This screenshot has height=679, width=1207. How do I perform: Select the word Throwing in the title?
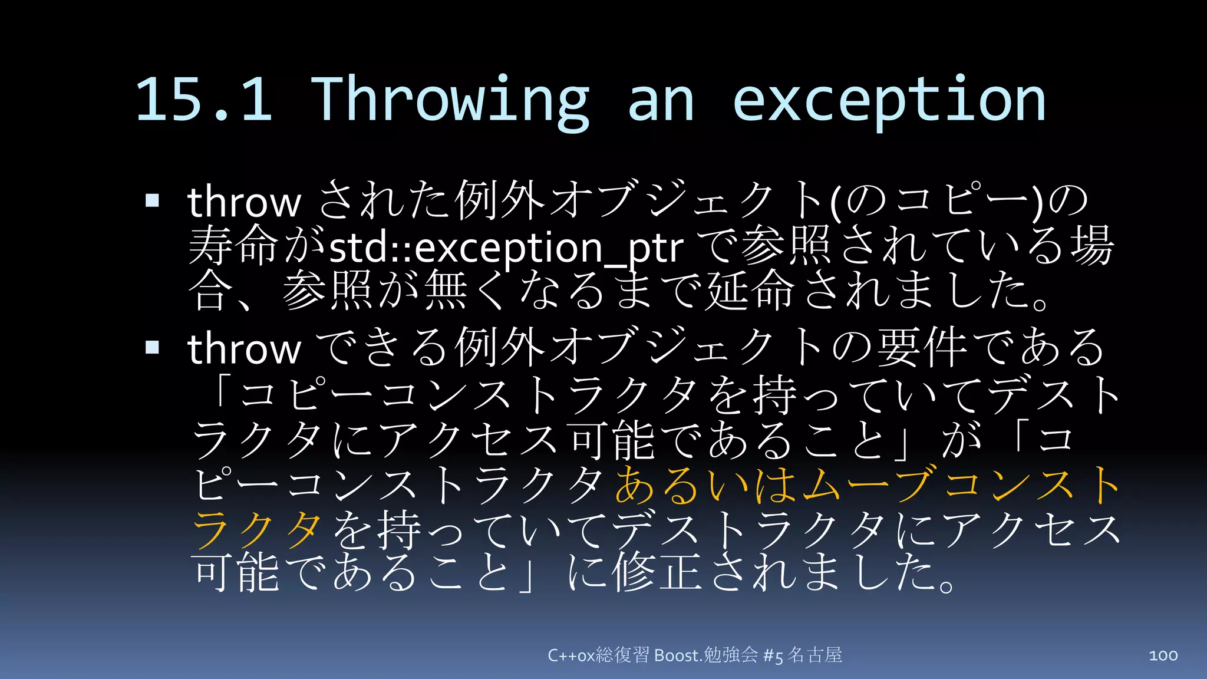coord(449,99)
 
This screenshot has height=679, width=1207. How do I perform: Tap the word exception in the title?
coord(889,99)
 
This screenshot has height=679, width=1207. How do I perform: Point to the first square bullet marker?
coord(153,200)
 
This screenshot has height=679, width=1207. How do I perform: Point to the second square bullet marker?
coord(153,347)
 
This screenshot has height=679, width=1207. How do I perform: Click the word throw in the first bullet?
coord(244,202)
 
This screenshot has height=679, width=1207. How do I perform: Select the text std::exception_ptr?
coord(506,248)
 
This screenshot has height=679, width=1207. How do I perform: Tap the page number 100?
coord(1163,655)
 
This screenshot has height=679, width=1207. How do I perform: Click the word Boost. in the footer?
coord(678,655)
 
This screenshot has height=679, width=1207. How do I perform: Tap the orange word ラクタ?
coord(257,529)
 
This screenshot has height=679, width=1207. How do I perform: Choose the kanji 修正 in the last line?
coord(657,573)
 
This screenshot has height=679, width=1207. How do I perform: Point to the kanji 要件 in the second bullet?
coord(922,348)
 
